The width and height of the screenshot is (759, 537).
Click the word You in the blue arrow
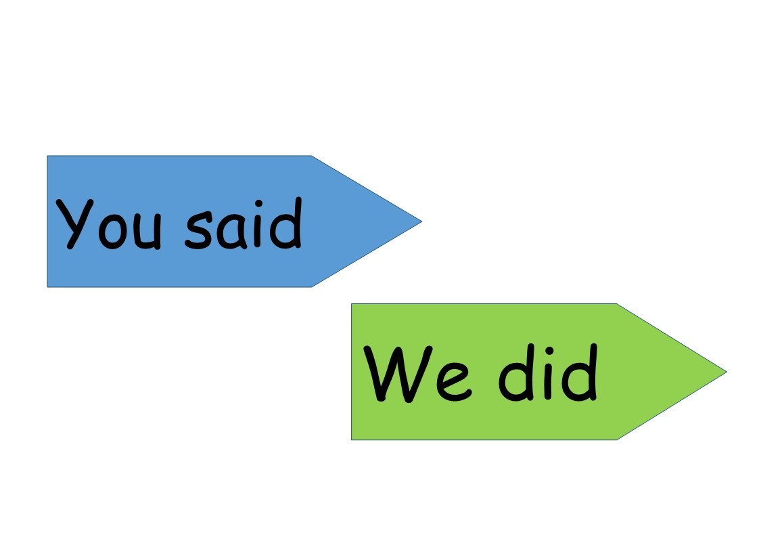tap(108, 224)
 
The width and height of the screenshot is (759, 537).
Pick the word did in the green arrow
tap(549, 372)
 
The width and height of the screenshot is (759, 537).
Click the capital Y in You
tap(74, 224)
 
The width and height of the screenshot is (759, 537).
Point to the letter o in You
tap(113, 231)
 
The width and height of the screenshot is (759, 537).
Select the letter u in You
tap(147, 232)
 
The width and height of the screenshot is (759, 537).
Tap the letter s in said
tap(198, 230)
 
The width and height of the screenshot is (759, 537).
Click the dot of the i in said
tap(259, 204)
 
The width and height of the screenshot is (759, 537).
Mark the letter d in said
tap(286, 223)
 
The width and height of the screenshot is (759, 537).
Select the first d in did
tap(517, 372)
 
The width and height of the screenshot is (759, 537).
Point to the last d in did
tap(580, 372)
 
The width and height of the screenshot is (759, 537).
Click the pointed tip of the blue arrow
tap(422, 221)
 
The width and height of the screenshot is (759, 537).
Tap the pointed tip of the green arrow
tap(727, 372)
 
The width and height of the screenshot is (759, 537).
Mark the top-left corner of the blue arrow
tap(47, 156)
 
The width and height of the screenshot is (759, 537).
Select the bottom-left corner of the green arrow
tap(351, 439)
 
